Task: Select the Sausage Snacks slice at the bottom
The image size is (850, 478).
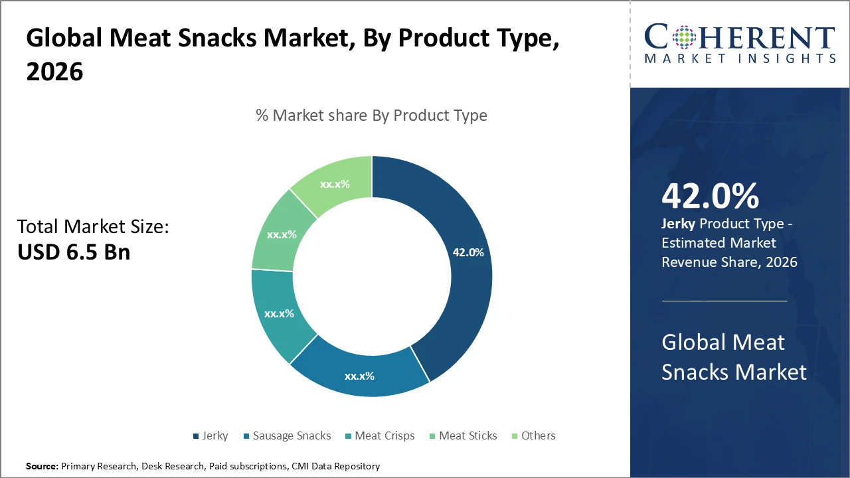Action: coord(359,376)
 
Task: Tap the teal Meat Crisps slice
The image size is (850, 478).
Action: coord(279,313)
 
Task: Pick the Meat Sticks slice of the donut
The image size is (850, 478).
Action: coord(282,234)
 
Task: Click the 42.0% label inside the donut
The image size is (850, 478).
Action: coord(468,252)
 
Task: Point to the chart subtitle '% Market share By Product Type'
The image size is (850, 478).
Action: coord(371,115)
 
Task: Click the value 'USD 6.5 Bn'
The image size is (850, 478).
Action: coord(74,252)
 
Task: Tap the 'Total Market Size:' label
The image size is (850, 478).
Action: coord(94,227)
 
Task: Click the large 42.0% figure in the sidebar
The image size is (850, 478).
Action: coord(710,196)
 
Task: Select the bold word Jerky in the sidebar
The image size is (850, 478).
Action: coord(677,224)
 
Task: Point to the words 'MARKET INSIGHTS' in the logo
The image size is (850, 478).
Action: coord(740,58)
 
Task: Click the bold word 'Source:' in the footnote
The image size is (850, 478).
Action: coord(42,466)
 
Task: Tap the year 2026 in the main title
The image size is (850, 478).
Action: coord(55,72)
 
